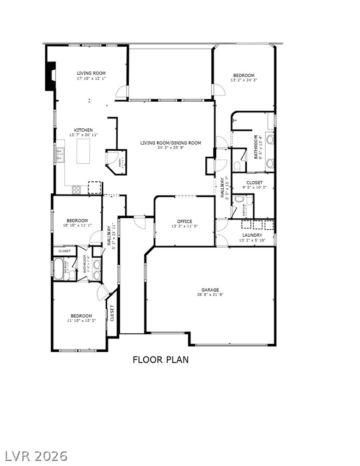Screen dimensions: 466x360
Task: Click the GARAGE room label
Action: pos(210,290)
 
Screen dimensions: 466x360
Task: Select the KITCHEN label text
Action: pos(84,130)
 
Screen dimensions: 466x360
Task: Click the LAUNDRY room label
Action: pos(252,235)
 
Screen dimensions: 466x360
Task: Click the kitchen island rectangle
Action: pos(84,151)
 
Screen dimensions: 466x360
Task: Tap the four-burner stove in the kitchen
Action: pos(76,189)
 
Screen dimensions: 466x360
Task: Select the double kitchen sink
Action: pos(60,155)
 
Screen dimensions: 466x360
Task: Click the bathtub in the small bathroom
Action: pos(59,270)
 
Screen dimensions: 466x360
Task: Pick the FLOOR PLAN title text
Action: pos(160,360)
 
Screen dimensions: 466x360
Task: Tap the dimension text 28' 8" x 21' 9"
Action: pos(210,294)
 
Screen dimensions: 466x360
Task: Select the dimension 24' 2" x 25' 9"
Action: pos(171,148)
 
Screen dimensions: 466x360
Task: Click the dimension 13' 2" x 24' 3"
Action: pos(244,80)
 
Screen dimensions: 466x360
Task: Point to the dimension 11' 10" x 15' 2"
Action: pos(81,320)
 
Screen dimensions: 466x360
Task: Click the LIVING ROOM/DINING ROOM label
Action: pos(171,143)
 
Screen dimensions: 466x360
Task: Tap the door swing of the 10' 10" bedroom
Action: pos(96,237)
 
